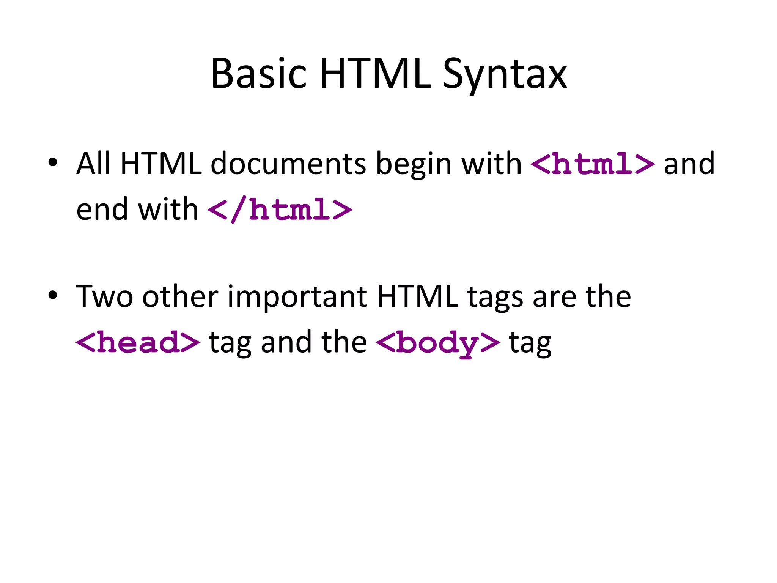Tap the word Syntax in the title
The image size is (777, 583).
[x=505, y=74]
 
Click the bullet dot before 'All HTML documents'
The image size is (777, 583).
[x=53, y=162]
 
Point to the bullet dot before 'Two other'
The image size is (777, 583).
[x=53, y=295]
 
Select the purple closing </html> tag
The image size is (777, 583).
[x=280, y=210]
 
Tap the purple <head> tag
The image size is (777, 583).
[x=138, y=342]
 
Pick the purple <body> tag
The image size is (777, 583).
[x=438, y=342]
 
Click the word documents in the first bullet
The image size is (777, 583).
[x=288, y=164]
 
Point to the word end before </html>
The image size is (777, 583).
[x=102, y=209]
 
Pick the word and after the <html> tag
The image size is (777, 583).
[x=689, y=164]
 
